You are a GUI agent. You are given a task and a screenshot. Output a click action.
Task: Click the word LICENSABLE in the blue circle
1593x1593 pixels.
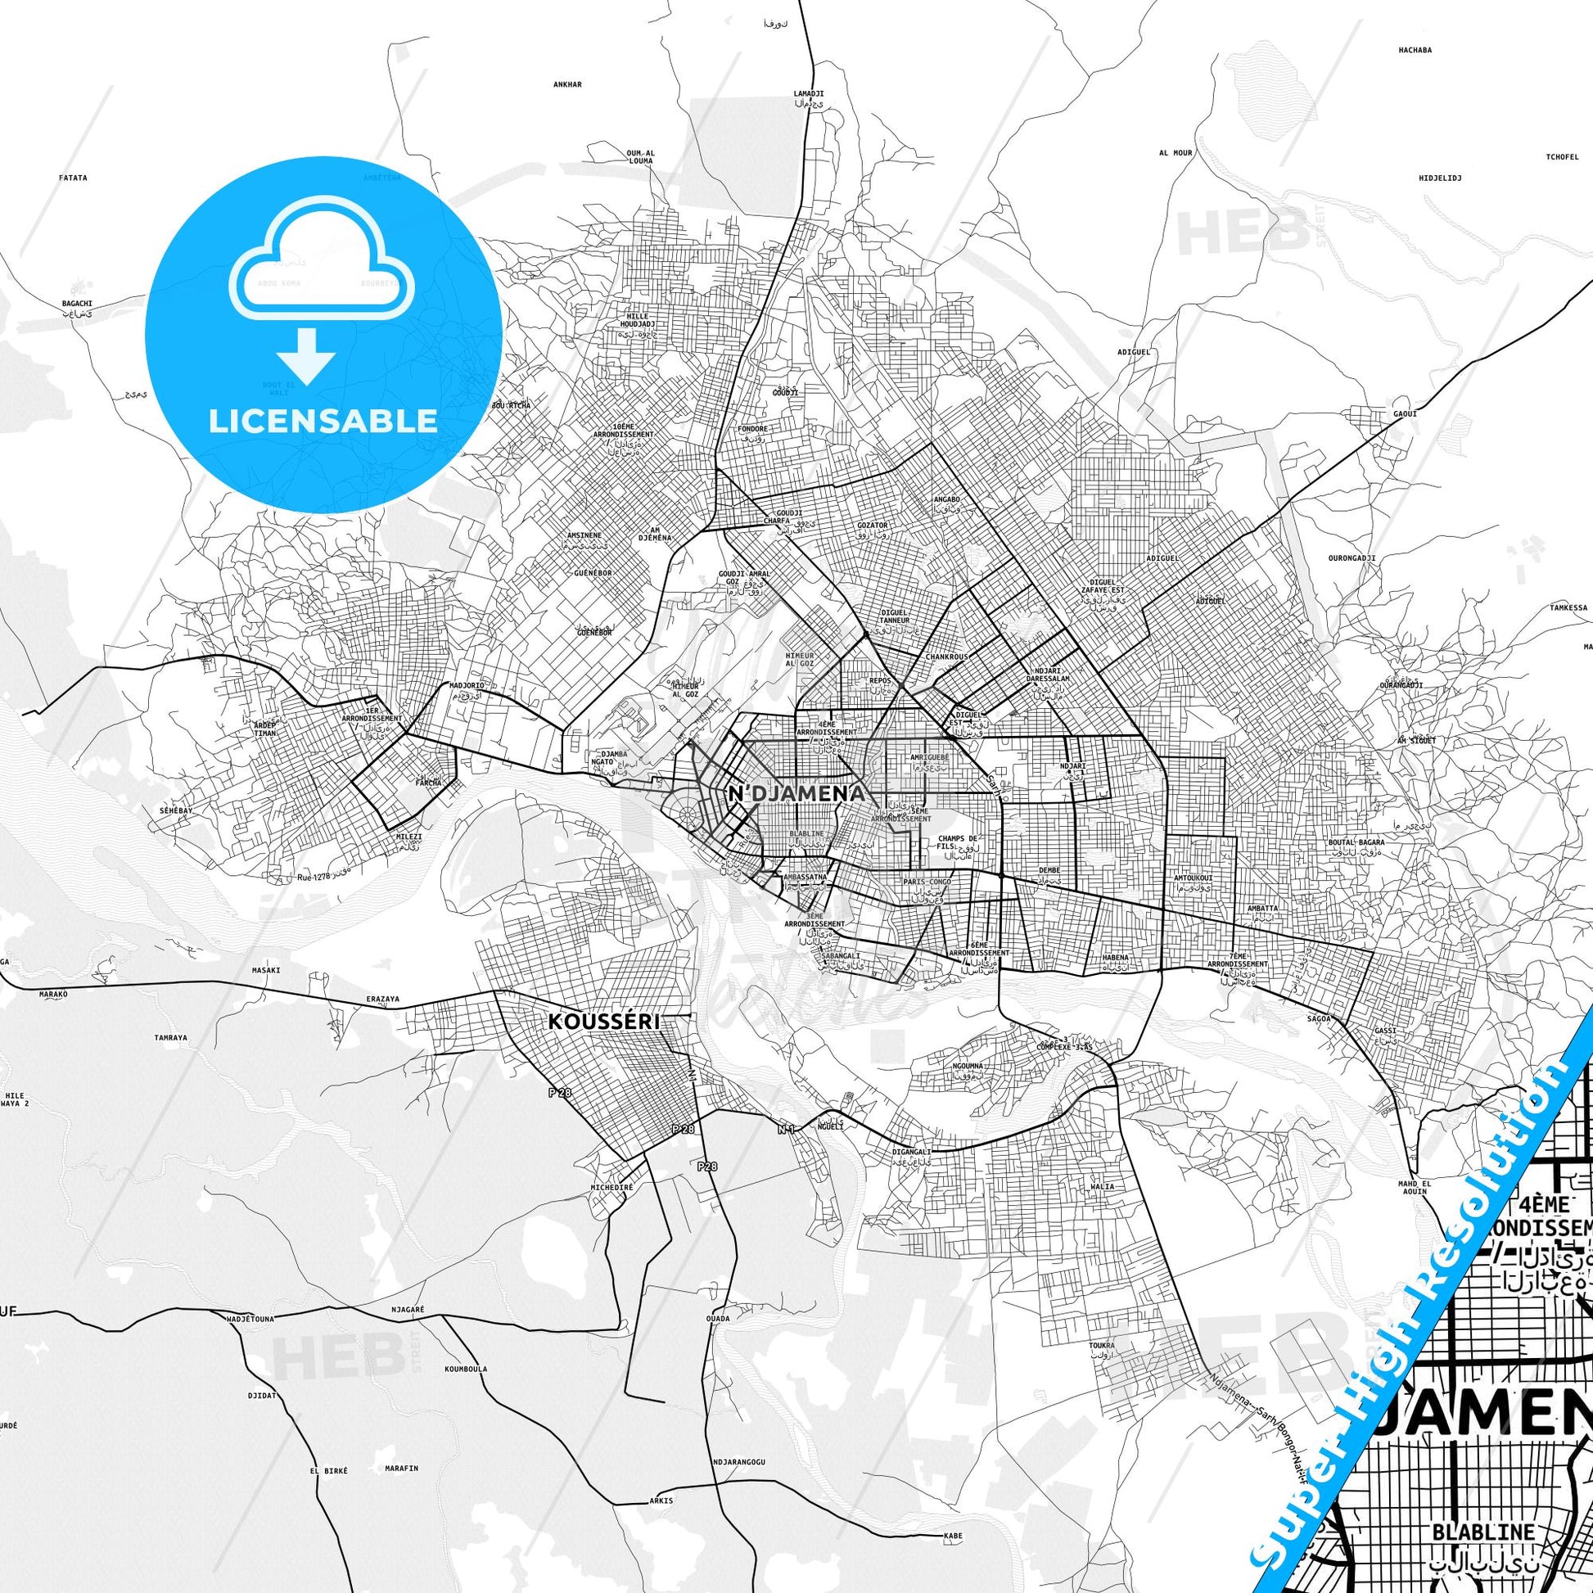tap(323, 422)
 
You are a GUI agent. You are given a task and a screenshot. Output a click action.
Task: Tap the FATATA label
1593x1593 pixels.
tap(74, 178)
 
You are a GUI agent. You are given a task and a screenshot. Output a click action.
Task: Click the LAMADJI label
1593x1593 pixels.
tap(809, 94)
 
